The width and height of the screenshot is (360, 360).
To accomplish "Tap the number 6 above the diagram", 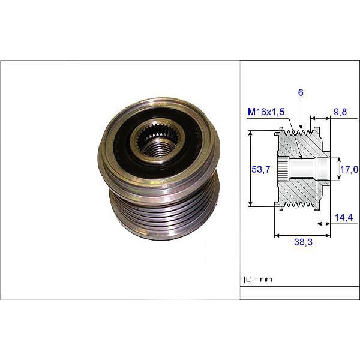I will (299, 93).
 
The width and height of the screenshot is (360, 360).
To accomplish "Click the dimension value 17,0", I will (349, 170).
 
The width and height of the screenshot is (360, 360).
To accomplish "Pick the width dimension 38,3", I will (302, 242).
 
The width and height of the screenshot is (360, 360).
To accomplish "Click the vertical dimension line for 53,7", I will (250, 170).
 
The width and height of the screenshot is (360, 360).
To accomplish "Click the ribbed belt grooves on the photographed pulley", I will (162, 213).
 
